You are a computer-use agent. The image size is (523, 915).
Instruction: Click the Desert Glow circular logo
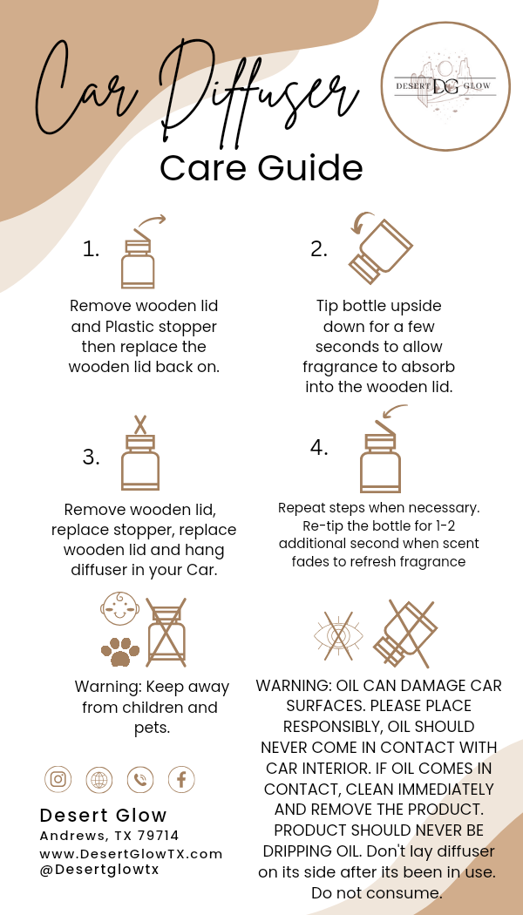pyautogui.click(x=445, y=87)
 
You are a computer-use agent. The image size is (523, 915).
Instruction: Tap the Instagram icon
pyautogui.click(x=58, y=778)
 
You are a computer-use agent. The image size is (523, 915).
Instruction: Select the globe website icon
pyautogui.click(x=99, y=779)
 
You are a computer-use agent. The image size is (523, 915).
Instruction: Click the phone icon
pyautogui.click(x=140, y=779)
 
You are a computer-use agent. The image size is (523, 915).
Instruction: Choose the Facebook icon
pyautogui.click(x=181, y=779)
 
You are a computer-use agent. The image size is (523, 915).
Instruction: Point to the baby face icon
pyautogui.click(x=119, y=609)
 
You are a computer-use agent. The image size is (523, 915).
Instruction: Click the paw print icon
pyautogui.click(x=120, y=651)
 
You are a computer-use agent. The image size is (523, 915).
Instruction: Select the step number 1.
pyautogui.click(x=91, y=249)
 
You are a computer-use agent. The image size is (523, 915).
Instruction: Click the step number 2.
pyautogui.click(x=319, y=249)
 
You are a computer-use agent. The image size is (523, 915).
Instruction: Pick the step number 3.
pyautogui.click(x=91, y=457)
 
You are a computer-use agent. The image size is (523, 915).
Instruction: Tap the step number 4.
pyautogui.click(x=319, y=448)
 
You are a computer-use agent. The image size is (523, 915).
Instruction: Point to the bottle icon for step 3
pyautogui.click(x=140, y=453)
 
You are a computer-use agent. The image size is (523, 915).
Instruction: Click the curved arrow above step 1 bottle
pyautogui.click(x=151, y=222)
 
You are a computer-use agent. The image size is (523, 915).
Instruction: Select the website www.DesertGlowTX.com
pyautogui.click(x=132, y=854)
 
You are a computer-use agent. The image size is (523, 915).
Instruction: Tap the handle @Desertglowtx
pyautogui.click(x=100, y=869)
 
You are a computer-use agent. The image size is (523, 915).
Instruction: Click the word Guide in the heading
pyautogui.click(x=310, y=167)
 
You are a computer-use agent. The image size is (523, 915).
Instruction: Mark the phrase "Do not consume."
pyautogui.click(x=377, y=893)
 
